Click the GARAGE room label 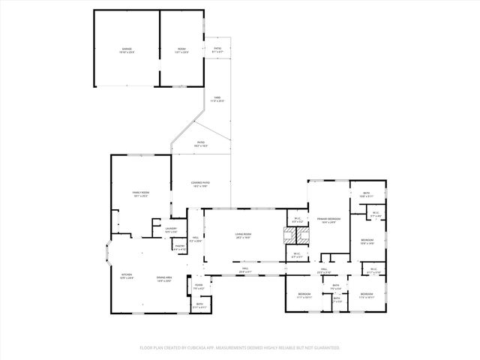point(126,49)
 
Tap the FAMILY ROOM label point(141,193)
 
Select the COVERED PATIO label point(199,183)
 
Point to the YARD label point(216,97)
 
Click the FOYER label point(199,285)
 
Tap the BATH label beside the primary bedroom point(366,193)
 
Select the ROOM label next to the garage point(181,49)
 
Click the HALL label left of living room point(194,238)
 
